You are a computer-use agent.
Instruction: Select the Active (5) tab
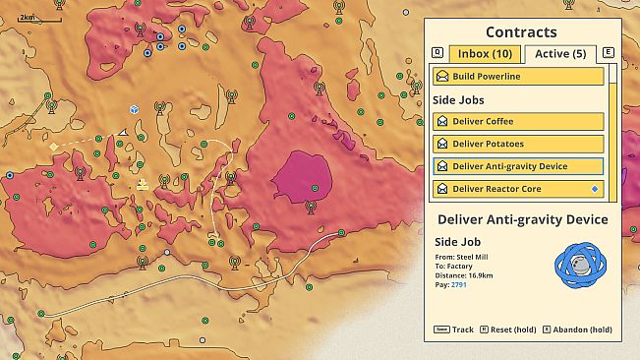tap(560, 53)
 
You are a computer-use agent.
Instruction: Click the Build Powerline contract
tap(518, 77)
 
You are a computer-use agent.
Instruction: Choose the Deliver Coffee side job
tap(518, 122)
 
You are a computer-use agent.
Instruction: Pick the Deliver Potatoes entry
tap(518, 144)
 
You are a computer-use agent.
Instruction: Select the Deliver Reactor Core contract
tap(518, 189)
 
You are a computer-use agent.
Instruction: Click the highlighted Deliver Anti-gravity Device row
tap(518, 166)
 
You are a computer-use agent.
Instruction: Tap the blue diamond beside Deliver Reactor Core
tap(593, 189)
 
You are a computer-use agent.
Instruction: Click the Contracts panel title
tap(521, 32)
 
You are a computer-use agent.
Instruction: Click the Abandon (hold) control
tap(583, 330)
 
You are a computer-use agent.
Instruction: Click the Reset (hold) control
tap(509, 330)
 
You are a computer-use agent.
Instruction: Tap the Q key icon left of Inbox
tap(437, 53)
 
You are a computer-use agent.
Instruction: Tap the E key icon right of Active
tap(609, 53)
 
